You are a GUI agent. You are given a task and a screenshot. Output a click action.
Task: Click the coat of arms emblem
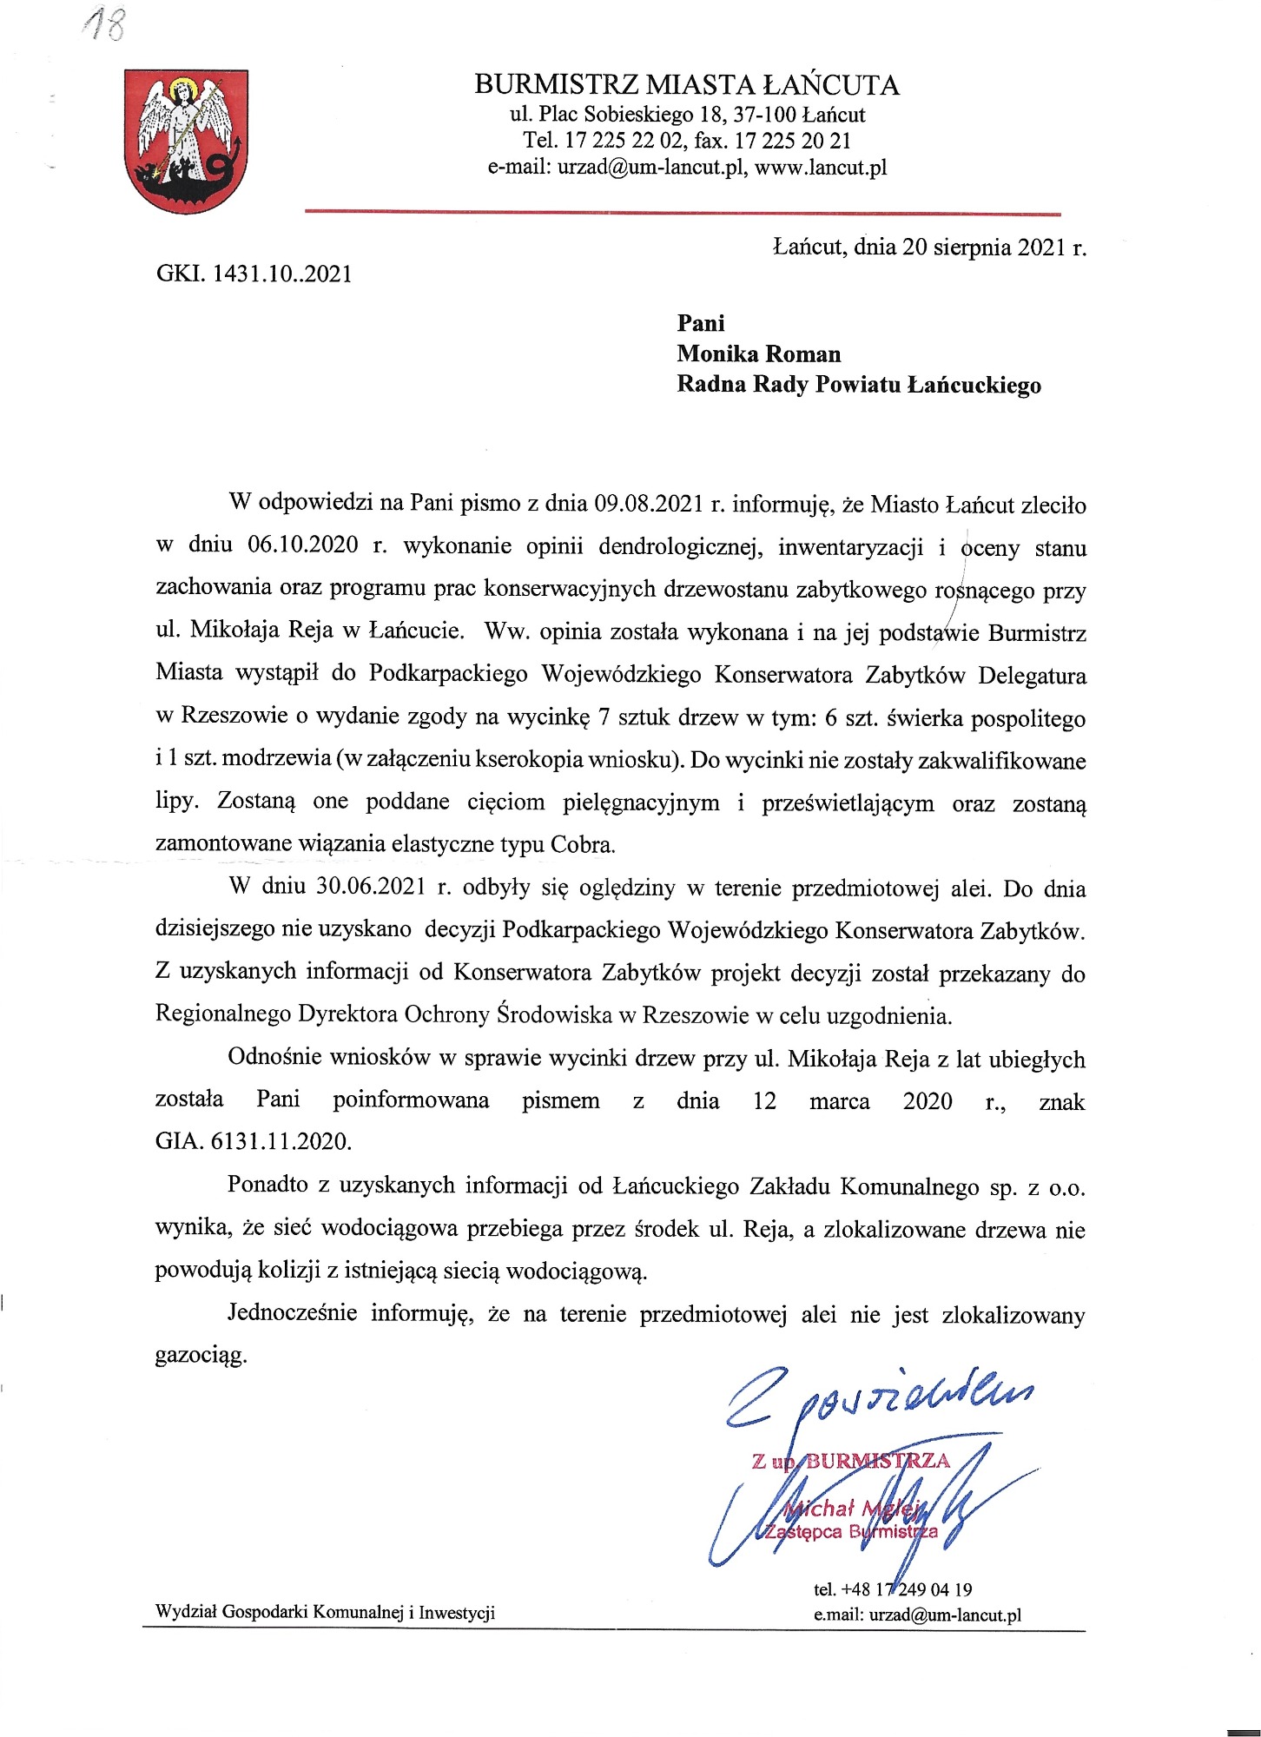pos(184,142)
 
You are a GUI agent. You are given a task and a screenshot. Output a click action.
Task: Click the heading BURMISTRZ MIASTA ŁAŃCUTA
pos(686,85)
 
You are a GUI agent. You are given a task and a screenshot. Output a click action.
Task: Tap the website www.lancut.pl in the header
pos(821,168)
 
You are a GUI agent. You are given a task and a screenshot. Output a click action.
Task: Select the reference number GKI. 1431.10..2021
pos(254,274)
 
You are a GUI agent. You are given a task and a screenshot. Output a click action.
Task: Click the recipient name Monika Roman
pos(759,353)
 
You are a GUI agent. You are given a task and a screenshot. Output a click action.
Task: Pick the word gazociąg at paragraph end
pos(201,1356)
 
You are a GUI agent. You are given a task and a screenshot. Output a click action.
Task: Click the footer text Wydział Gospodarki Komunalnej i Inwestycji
pos(325,1613)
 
